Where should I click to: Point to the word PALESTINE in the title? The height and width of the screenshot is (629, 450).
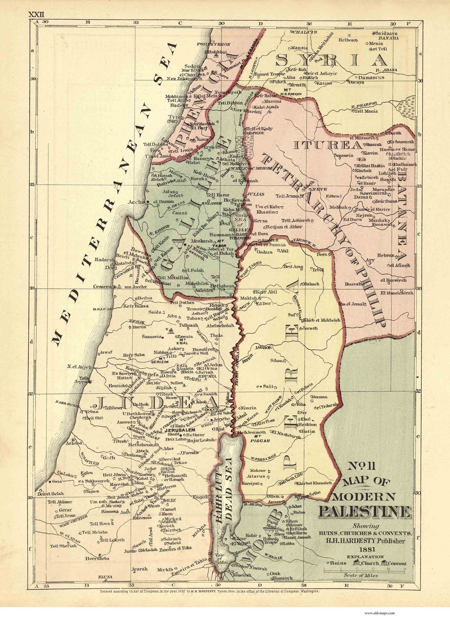click(365, 511)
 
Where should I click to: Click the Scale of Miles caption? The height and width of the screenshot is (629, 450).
click(361, 575)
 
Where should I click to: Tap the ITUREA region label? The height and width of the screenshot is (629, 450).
click(328, 145)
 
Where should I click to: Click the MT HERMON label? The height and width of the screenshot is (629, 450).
click(292, 92)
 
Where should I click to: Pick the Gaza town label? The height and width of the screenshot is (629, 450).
click(57, 481)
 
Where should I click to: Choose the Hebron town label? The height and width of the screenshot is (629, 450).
click(167, 486)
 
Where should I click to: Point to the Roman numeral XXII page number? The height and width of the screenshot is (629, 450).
click(36, 14)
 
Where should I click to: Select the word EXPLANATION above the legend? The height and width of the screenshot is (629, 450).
click(365, 557)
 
